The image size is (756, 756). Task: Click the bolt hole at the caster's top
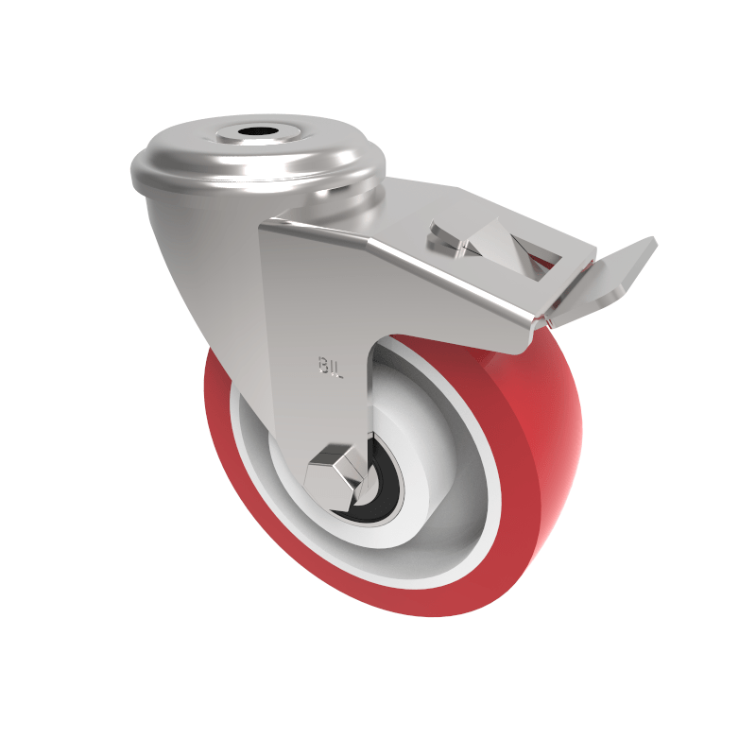click(254, 131)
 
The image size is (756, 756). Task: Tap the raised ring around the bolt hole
click(254, 142)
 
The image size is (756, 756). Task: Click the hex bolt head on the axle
click(333, 471)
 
